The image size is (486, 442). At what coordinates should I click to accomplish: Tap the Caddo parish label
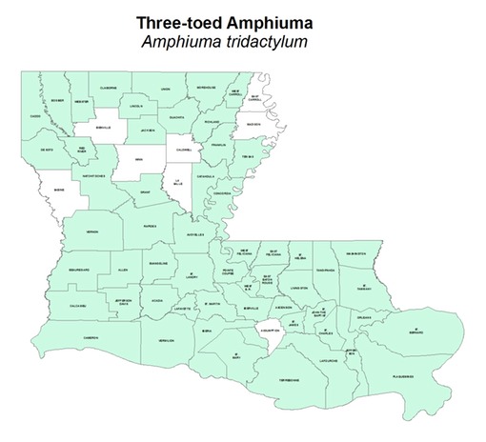(x=36, y=117)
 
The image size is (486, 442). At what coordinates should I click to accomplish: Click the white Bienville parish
(x=103, y=128)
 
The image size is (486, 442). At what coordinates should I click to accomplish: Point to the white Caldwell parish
(x=184, y=150)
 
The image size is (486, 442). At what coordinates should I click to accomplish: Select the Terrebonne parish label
(x=289, y=379)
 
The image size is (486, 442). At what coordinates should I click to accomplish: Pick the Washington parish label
(x=356, y=252)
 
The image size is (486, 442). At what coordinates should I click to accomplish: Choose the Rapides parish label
(x=150, y=227)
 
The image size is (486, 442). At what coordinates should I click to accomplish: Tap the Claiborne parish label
(x=109, y=88)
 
